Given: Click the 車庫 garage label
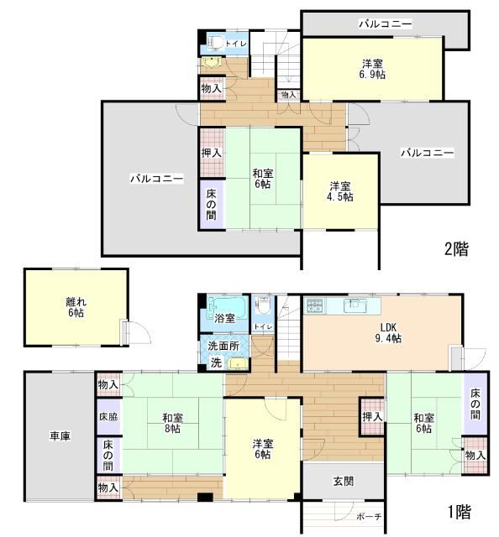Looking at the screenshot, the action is [60, 436].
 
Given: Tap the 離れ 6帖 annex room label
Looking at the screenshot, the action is [76, 307].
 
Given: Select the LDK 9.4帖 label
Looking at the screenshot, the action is [388, 332].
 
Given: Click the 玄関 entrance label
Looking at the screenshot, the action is [344, 481].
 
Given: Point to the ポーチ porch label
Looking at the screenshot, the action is [369, 517].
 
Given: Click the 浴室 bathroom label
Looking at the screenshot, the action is [224, 319].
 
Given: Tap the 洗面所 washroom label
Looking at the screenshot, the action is [223, 346].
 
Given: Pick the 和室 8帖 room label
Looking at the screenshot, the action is [173, 423].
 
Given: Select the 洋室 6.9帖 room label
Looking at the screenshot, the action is [372, 69].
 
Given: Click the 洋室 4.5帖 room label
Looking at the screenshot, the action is [340, 192].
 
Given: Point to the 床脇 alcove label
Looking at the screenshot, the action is [108, 417].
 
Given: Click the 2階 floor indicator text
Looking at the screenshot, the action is [456, 249].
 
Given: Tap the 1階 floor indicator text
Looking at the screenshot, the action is [460, 512].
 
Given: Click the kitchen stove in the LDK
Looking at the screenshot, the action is [314, 305].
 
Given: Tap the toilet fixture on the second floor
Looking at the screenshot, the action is [216, 43].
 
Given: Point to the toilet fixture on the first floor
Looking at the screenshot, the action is [264, 305].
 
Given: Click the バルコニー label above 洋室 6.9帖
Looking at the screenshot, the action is [386, 24].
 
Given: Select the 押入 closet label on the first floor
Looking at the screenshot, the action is [372, 417].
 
